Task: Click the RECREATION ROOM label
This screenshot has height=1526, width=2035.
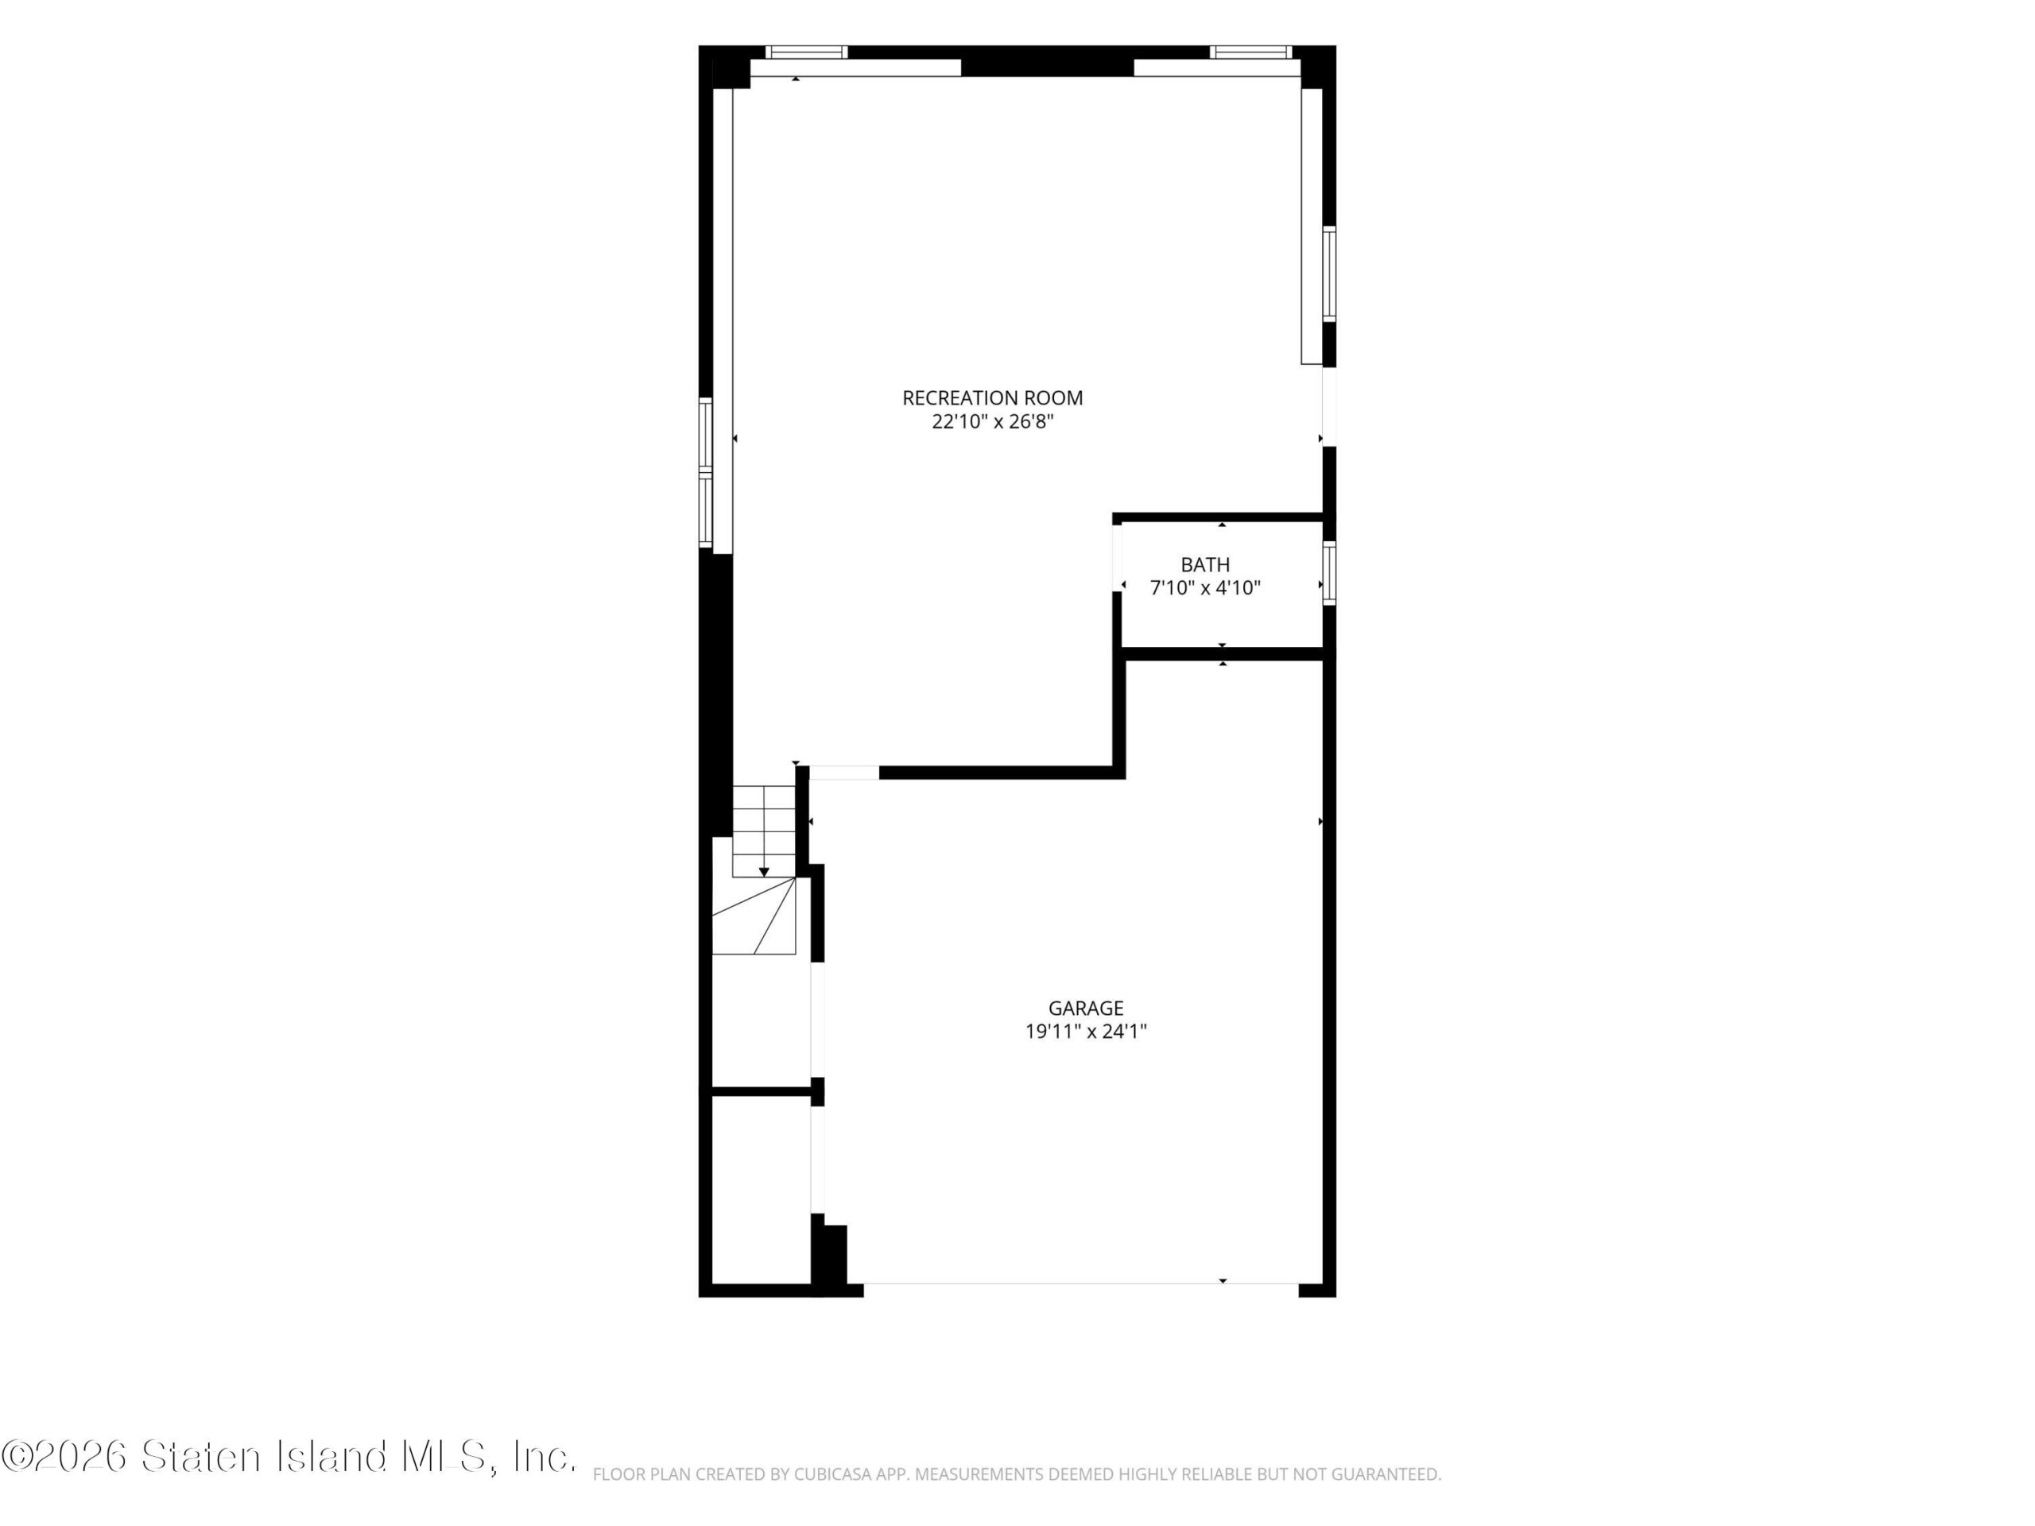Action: tap(992, 398)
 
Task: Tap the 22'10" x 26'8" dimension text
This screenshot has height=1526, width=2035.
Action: tap(992, 422)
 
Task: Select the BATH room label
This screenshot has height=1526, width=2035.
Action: tap(1205, 565)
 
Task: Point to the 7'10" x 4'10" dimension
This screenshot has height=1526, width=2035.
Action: tap(1205, 588)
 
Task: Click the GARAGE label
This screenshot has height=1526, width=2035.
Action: tap(1086, 1008)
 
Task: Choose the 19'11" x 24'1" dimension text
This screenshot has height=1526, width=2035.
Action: tap(1086, 1031)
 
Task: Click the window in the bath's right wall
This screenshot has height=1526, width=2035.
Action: tap(1329, 573)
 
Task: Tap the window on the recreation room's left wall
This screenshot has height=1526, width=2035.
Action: tap(706, 473)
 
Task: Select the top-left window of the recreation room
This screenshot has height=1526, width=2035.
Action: tap(807, 52)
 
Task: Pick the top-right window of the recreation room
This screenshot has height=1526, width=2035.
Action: tap(1251, 52)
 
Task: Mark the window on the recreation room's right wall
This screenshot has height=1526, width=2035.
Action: tap(1329, 274)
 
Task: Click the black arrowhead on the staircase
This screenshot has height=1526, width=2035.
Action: tap(764, 872)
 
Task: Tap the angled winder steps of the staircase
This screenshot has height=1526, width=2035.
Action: tap(754, 916)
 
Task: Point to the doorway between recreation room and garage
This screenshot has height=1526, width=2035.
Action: tap(844, 773)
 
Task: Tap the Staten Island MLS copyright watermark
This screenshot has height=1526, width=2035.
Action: tap(289, 1456)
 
